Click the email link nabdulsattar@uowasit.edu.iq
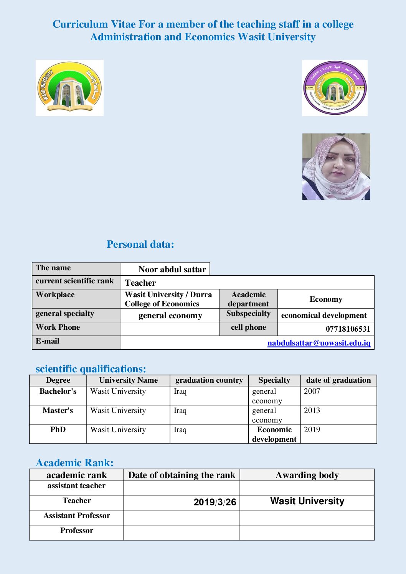pos(319,343)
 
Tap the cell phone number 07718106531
pos(348,329)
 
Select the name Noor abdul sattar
pos(172,269)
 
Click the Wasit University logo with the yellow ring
pos(69,88)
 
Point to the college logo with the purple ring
pos(335,88)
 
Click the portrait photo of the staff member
pos(336,166)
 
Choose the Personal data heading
pos(140,244)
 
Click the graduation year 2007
pos(312,391)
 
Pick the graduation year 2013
pos(312,410)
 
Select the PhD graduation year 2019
pos(312,429)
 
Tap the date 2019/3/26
pos(215,502)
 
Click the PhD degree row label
pos(58,429)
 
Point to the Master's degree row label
pos(58,410)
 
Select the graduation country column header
pos(209,380)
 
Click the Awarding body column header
pos(307,475)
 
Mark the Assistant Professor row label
pos(77,515)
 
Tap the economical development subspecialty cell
pos(324,315)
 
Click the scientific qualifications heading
pos(91,368)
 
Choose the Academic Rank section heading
pos(74,462)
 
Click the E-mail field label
pos(48,341)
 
